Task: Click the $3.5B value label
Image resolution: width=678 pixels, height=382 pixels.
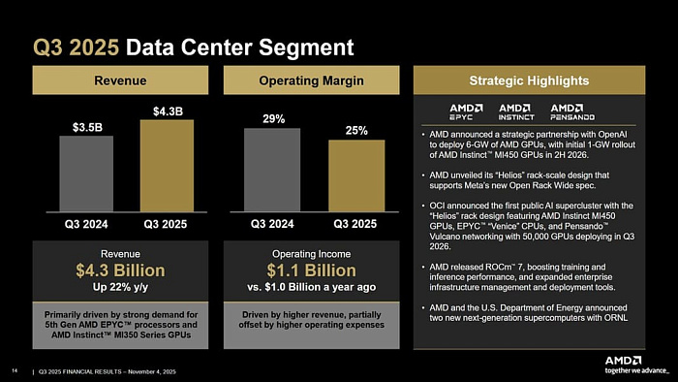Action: tap(86, 127)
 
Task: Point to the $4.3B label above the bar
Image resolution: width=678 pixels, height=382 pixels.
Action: tap(167, 111)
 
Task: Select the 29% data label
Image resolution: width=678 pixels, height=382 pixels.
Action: tap(273, 119)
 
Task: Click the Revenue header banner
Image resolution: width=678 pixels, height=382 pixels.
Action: tap(127, 80)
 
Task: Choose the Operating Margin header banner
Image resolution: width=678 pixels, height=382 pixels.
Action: tap(313, 80)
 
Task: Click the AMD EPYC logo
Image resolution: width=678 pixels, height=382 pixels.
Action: tap(465, 110)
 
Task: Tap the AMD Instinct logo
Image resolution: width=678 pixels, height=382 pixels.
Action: tap(515, 110)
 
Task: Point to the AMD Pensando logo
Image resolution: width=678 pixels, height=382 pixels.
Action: tap(573, 110)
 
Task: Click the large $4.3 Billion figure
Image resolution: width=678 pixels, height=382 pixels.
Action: tap(127, 270)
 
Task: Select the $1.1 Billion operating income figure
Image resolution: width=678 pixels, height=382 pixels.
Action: tap(313, 270)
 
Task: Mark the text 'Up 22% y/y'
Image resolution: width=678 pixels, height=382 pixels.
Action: tap(127, 287)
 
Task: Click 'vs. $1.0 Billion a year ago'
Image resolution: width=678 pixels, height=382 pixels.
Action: tap(313, 287)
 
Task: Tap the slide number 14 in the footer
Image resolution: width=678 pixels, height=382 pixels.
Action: tap(15, 368)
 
